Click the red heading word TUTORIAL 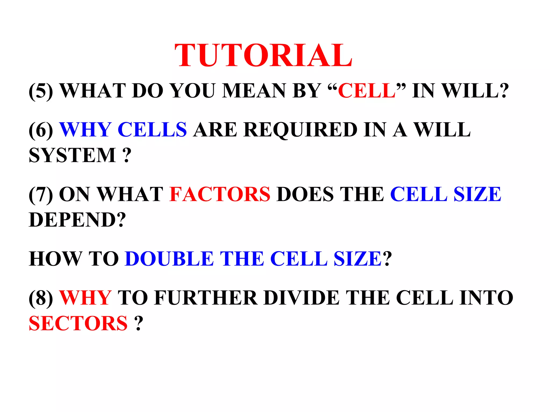click(263, 56)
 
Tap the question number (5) click(41, 91)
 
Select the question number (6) click(41, 130)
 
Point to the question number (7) click(41, 194)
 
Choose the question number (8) click(41, 298)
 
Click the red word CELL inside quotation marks click(367, 91)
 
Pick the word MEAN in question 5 click(254, 91)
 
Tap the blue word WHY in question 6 click(85, 130)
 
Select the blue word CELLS click(152, 130)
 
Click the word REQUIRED click(301, 130)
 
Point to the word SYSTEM click(72, 155)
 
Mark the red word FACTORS click(220, 194)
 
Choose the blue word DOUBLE click(169, 259)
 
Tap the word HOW click(55, 259)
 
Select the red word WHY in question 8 click(85, 298)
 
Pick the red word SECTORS click(78, 323)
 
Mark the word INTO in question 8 click(486, 298)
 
